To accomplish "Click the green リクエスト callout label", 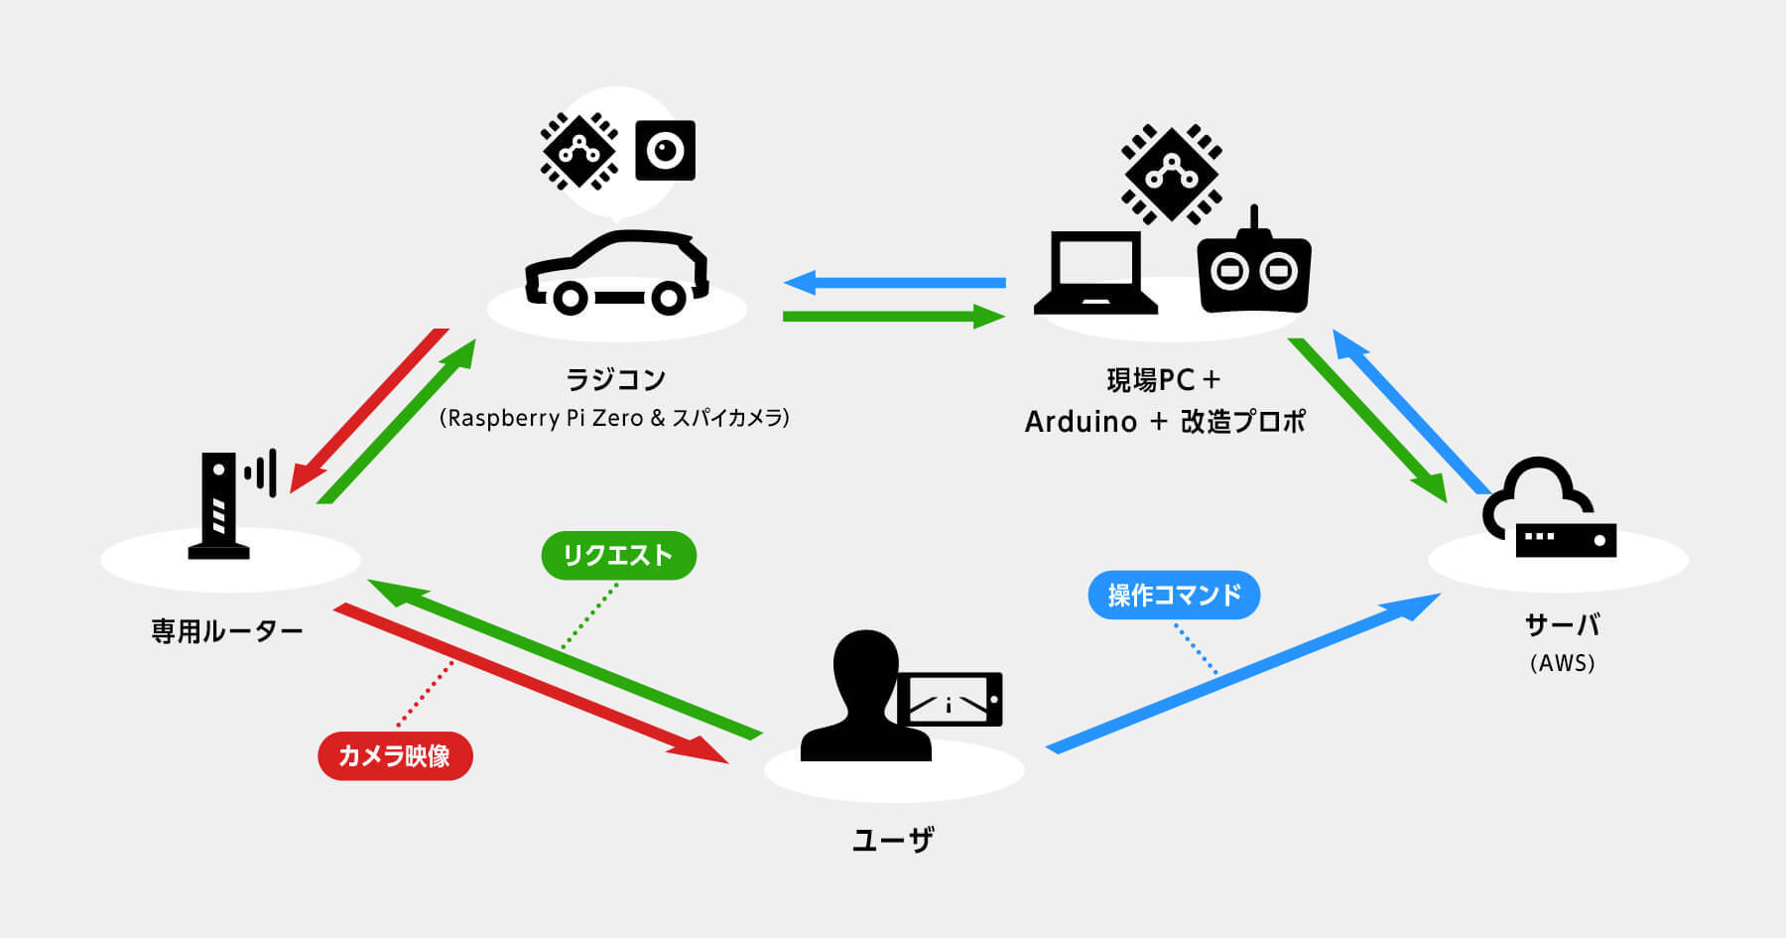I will pos(618,556).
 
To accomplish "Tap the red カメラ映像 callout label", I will pos(395,756).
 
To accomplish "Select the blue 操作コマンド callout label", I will pos(1174,595).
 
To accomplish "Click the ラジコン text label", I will pos(615,379).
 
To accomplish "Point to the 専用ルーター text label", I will pos(226,631).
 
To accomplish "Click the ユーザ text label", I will pos(893,841).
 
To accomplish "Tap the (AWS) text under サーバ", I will pos(1562,663).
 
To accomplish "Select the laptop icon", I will pos(1095,273).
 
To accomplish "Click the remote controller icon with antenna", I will pos(1254,269).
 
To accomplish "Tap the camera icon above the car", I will pos(665,151).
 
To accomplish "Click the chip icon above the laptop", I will pos(1171,175).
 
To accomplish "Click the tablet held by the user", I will pos(950,699).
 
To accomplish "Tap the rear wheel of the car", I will pos(668,297).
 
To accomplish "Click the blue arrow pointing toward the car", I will pos(893,283).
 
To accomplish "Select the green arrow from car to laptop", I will pos(893,317).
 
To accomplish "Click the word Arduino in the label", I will pos(1081,422).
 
